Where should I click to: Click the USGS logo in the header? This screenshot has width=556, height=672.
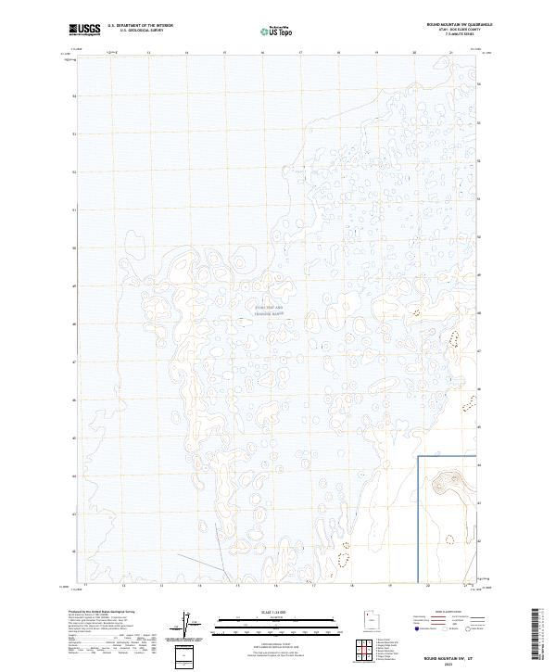pyautogui.click(x=84, y=29)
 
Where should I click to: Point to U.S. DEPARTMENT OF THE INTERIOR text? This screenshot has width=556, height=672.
pyautogui.click(x=140, y=25)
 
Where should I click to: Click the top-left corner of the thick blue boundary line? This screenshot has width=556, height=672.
pyautogui.click(x=418, y=457)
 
